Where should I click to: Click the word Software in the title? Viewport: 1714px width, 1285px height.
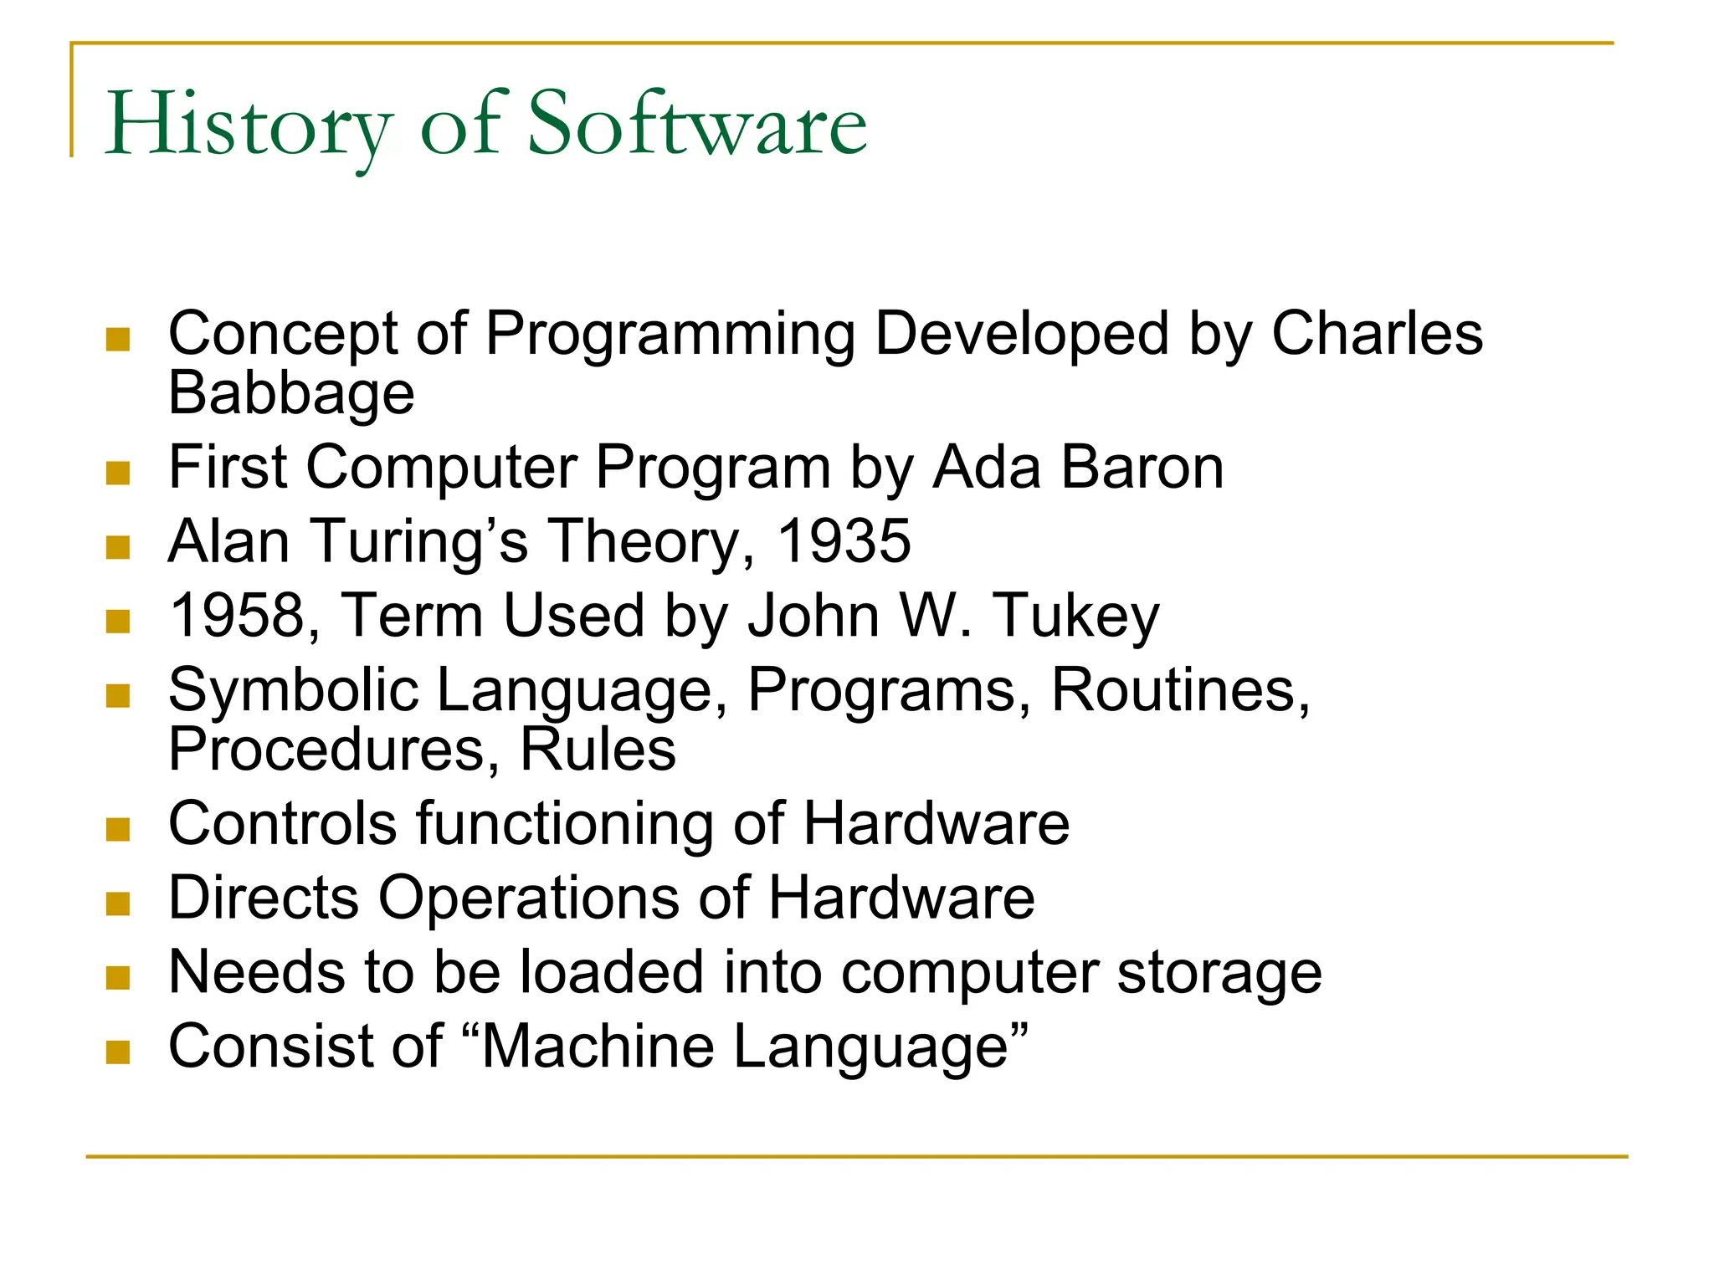[697, 125]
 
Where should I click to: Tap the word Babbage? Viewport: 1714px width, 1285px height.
[291, 393]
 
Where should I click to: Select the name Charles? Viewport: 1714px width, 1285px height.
[1377, 334]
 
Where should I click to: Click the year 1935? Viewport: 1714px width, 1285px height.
[844, 541]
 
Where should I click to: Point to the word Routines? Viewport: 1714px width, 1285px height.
[1179, 691]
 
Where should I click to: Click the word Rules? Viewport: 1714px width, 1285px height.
[598, 749]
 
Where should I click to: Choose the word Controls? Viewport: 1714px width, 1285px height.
[282, 823]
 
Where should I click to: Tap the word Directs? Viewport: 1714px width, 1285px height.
[264, 898]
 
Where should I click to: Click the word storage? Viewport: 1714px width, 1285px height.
[1219, 974]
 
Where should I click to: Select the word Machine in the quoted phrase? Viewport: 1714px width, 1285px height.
[598, 1047]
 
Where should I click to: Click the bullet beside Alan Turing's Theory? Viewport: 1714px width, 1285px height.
[118, 548]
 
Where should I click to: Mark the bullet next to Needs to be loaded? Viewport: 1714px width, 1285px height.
[118, 978]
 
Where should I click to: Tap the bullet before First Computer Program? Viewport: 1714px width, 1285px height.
[118, 474]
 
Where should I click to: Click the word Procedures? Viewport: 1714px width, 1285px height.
[327, 749]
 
